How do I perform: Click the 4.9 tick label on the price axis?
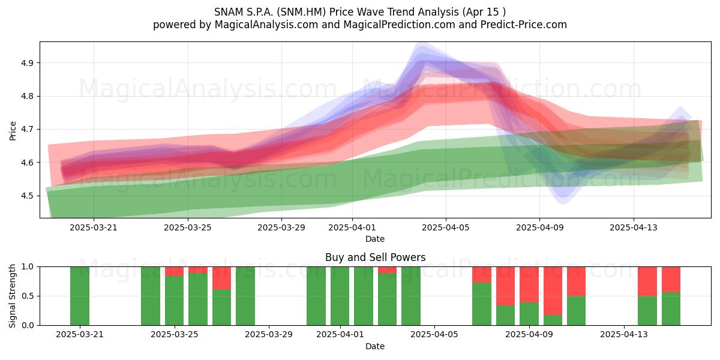tap(27, 63)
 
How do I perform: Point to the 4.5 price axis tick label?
tap(27, 196)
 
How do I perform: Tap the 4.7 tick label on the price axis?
tap(27, 130)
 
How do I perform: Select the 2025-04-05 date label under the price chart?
tap(445, 227)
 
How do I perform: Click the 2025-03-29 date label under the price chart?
tap(281, 227)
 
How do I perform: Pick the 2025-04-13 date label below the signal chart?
tap(624, 334)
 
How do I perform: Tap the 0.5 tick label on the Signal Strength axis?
tap(27, 296)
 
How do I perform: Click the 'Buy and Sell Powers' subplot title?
tap(375, 257)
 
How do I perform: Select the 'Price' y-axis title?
tap(13, 131)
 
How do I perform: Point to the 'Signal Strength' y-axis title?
tap(12, 296)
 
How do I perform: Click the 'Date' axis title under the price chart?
tap(375, 239)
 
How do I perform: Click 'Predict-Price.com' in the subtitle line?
tap(524, 25)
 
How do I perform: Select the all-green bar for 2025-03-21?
tap(80, 296)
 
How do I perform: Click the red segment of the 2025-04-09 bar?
tap(529, 284)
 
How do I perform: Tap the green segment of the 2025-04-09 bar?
tap(529, 314)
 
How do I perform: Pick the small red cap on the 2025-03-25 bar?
tap(174, 271)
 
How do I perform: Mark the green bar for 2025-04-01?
tap(340, 296)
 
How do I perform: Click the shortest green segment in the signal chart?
tap(553, 320)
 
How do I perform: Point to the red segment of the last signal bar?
tap(671, 280)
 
